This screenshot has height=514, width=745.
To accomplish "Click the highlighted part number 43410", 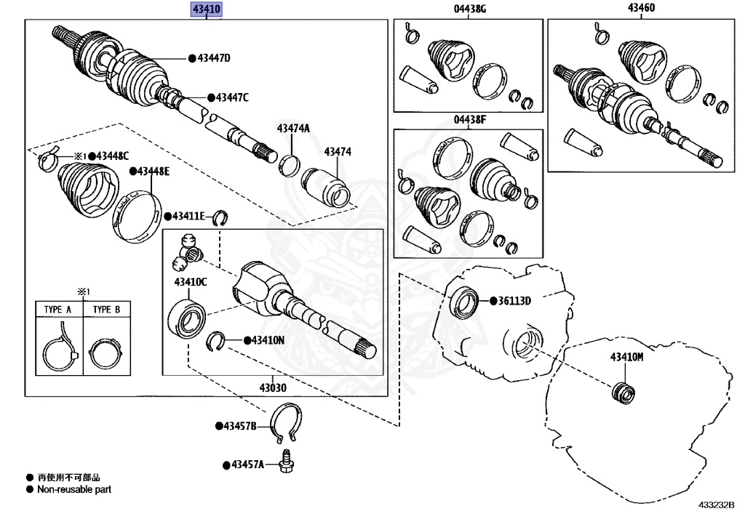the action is [x=207, y=9].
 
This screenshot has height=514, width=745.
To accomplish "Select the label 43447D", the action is [x=214, y=58].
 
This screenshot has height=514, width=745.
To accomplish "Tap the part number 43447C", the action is [x=232, y=97].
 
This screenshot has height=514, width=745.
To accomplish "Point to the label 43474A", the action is [x=293, y=128].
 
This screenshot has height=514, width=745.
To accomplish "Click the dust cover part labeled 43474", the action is [x=326, y=188].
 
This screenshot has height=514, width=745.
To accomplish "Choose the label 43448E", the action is [x=153, y=172].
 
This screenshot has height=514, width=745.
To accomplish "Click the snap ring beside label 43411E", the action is [x=220, y=217].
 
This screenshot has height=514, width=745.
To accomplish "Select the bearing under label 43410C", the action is [x=187, y=317].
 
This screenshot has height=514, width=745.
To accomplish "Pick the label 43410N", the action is [x=268, y=340].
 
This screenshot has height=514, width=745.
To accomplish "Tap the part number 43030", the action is [x=273, y=387].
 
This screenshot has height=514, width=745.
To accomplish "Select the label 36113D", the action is [x=514, y=301].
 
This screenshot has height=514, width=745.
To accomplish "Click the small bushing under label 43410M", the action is [x=623, y=393].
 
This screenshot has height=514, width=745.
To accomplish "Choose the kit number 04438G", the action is [x=469, y=9].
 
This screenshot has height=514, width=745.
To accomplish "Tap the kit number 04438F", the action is [x=469, y=120].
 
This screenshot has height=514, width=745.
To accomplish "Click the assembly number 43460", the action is [x=642, y=7].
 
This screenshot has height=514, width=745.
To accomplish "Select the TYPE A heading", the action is [x=58, y=310].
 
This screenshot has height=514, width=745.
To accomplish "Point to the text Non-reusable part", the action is [x=74, y=489].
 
